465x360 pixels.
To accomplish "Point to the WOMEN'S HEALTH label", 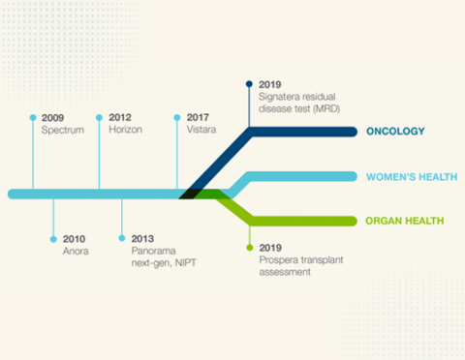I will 404,177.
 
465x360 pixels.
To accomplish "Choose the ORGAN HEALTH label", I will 405,221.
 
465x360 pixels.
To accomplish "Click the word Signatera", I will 281,96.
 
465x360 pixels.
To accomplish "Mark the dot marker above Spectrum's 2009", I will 33,117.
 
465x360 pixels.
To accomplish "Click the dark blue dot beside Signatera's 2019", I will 249,84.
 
